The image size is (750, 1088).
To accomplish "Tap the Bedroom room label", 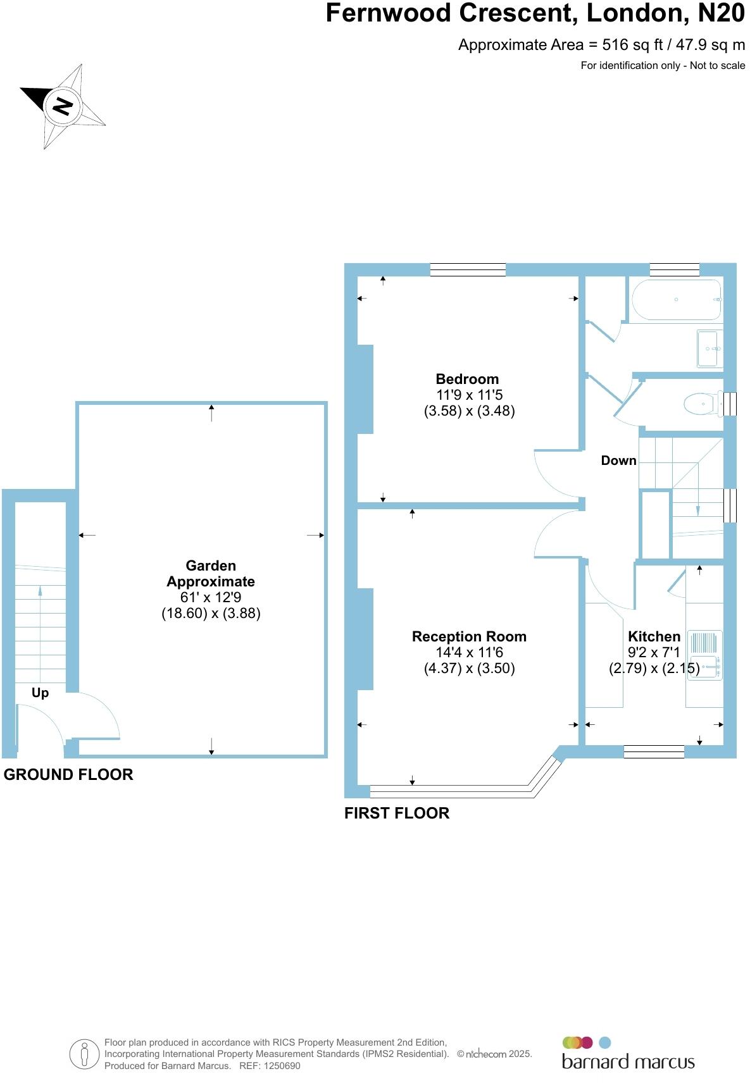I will click(467, 379).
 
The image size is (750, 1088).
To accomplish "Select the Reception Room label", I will click(469, 636).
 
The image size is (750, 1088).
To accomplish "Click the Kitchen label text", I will click(654, 636).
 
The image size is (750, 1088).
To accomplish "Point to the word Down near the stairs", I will click(618, 461).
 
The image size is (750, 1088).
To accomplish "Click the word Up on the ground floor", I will click(40, 693).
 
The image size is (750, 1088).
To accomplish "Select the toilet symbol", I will click(703, 403).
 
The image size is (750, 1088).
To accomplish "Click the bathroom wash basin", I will click(709, 348).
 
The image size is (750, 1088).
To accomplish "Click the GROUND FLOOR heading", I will click(68, 774).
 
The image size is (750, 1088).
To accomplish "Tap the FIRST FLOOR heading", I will click(397, 813).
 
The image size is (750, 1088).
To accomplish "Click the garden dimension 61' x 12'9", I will click(211, 597).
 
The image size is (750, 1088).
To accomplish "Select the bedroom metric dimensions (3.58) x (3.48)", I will click(469, 411).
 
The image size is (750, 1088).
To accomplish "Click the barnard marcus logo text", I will click(628, 1061).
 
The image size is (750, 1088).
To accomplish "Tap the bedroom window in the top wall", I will click(468, 270).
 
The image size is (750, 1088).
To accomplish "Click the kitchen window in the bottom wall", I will click(654, 751).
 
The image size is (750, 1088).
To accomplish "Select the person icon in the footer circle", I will click(84, 1054).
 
